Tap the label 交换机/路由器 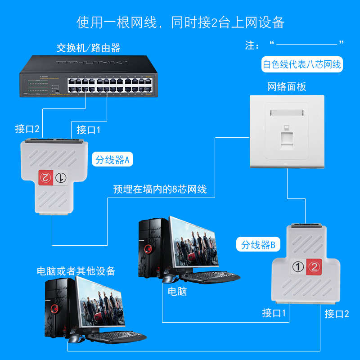pos(88,47)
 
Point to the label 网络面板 pos(286,86)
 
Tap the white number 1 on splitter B pos(297,267)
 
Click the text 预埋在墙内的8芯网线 pos(160,189)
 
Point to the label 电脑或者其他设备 pos(76,271)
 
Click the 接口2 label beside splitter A pos(27,129)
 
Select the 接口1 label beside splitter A pos(89,130)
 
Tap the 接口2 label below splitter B pos(337,314)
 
